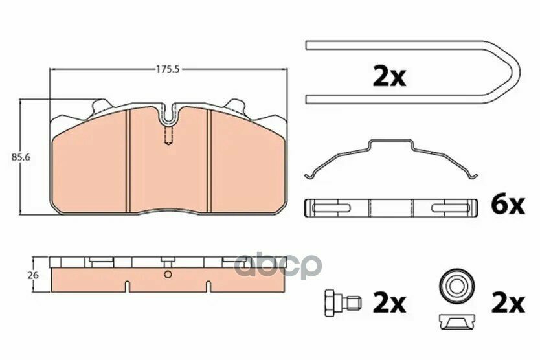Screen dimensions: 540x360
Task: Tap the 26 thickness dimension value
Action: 33,276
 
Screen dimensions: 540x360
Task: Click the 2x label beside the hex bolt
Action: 390,304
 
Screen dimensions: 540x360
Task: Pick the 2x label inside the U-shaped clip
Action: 390,78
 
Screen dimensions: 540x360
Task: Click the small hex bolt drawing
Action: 343,303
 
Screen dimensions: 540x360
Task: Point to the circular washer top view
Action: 456,286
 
